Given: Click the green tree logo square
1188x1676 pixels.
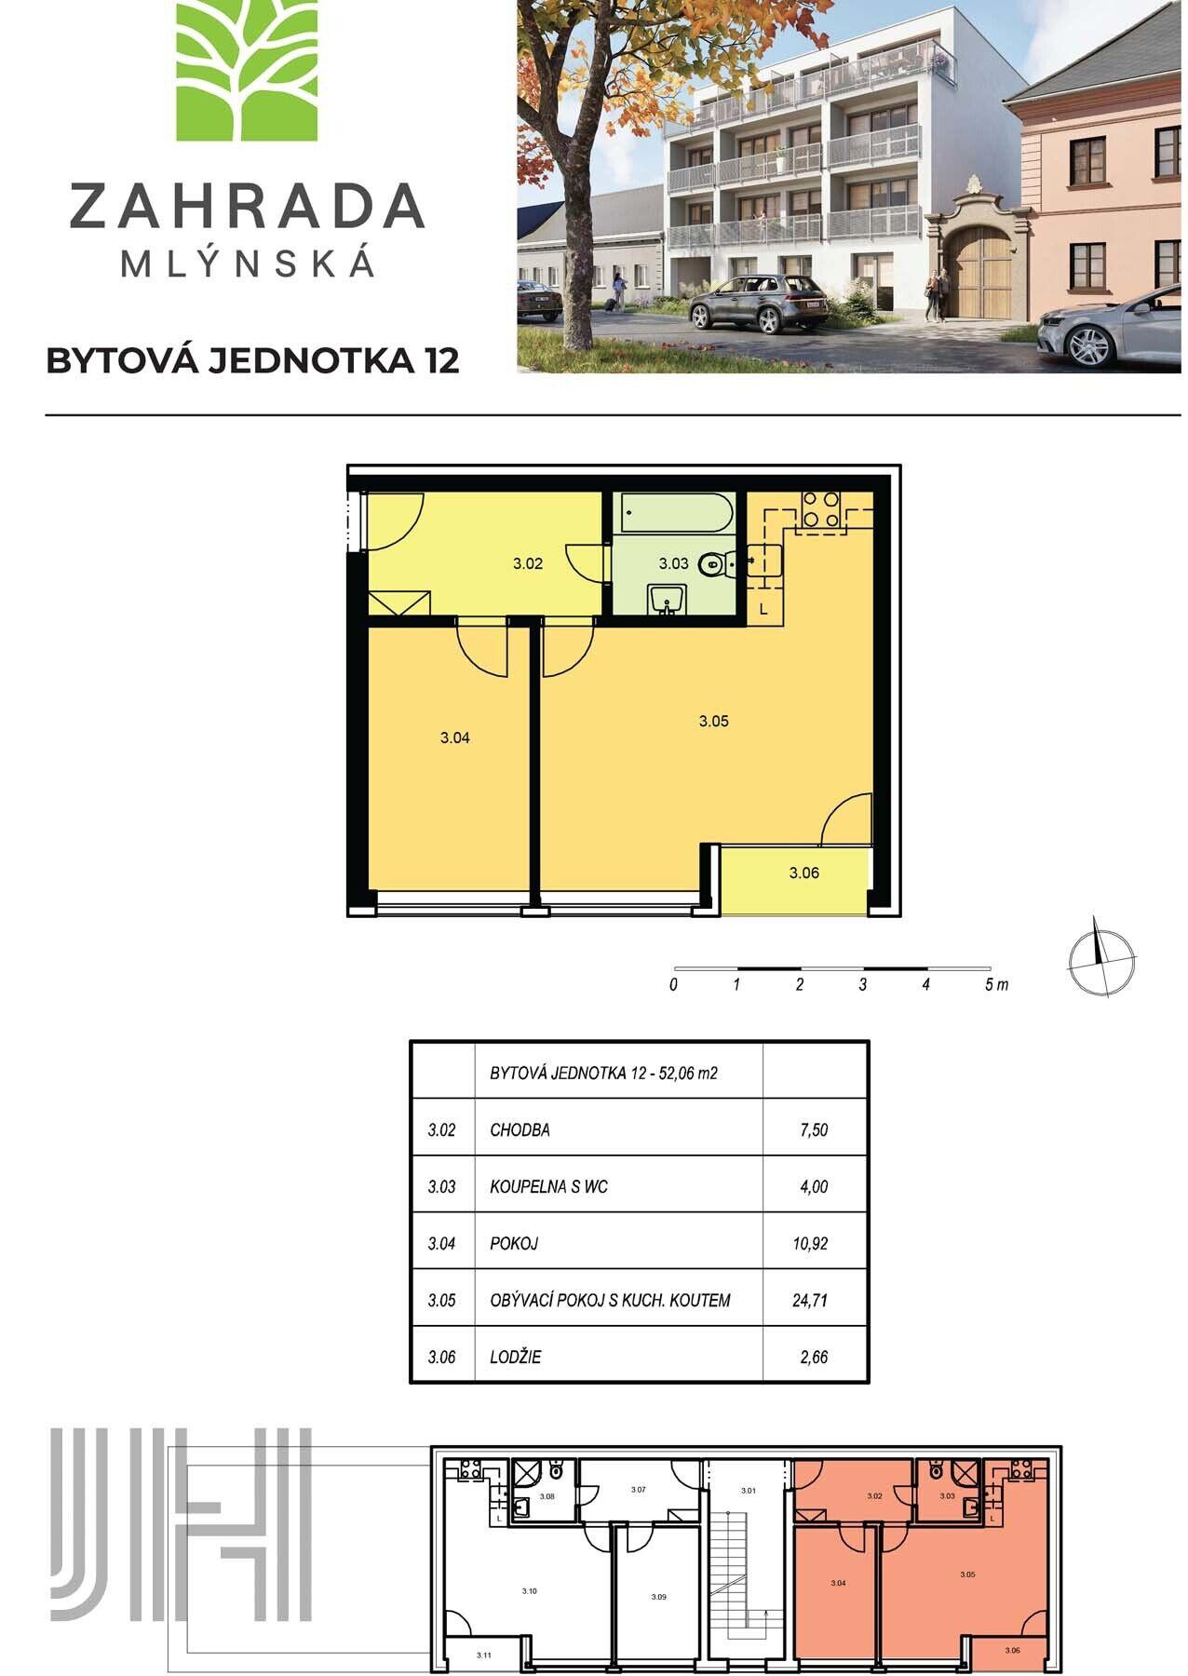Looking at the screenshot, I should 247,70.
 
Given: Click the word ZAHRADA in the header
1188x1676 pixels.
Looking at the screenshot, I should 247,207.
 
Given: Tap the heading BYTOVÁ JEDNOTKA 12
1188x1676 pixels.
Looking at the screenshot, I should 252,361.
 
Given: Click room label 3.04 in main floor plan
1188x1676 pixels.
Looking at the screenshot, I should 454,738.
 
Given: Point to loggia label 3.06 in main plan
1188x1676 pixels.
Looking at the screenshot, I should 803,873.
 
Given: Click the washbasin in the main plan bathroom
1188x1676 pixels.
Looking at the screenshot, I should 667,600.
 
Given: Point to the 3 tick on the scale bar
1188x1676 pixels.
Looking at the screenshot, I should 863,985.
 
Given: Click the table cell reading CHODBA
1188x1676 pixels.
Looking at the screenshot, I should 520,1130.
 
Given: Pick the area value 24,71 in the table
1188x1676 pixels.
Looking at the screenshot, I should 810,1301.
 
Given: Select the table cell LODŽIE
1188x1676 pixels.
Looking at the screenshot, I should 515,1358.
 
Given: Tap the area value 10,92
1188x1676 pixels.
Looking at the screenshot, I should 810,1244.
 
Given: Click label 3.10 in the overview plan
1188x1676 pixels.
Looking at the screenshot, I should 529,1591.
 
